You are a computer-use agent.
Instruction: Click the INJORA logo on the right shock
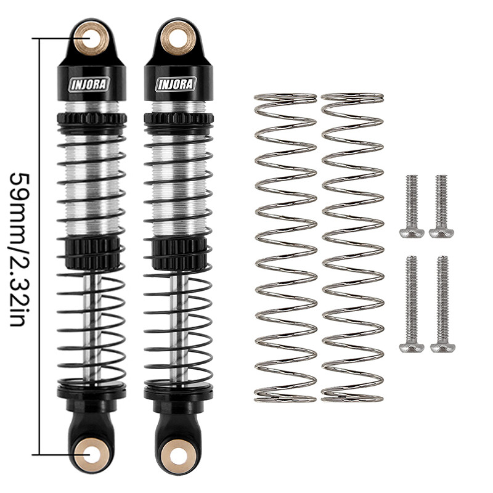(x=176, y=84)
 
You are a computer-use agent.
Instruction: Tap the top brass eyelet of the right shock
(x=174, y=37)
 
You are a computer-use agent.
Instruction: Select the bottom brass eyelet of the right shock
(x=176, y=455)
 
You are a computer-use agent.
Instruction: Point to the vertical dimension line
(x=41, y=246)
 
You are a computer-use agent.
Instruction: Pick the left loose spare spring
(x=285, y=246)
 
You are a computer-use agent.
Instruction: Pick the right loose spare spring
(x=352, y=246)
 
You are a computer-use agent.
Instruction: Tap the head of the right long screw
(x=442, y=348)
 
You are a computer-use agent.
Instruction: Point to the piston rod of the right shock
(x=177, y=327)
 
